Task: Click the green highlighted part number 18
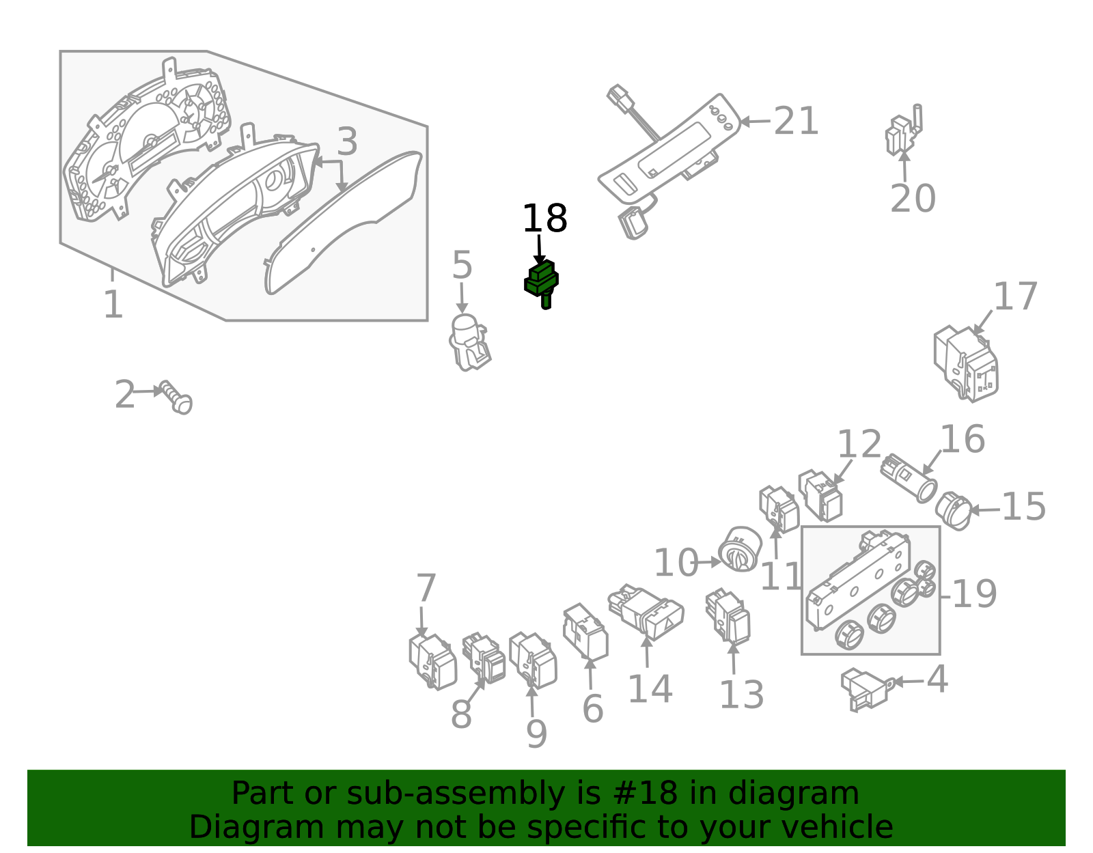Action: pos(542,283)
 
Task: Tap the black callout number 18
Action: pos(544,219)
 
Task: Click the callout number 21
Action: pos(796,122)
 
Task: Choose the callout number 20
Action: pos(913,199)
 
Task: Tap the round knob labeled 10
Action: pos(740,550)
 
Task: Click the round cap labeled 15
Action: pos(954,511)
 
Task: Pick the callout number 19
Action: pos(974,594)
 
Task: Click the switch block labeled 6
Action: pos(585,632)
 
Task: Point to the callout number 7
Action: pos(426,588)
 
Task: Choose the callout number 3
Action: pos(347,142)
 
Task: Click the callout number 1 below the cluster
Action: pos(113,305)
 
